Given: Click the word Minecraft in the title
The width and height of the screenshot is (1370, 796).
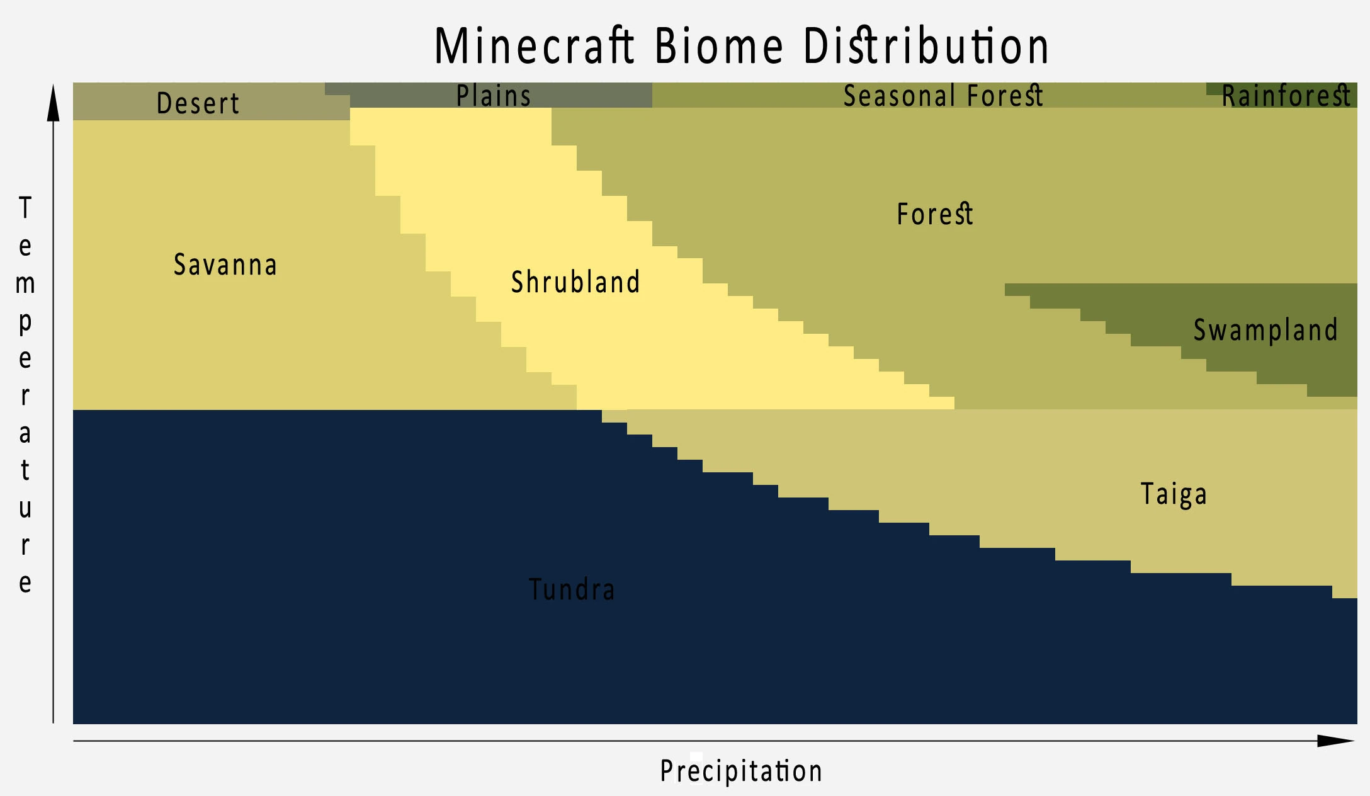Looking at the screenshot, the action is coord(535,46).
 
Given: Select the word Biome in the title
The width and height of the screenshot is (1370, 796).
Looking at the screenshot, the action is coord(718,46).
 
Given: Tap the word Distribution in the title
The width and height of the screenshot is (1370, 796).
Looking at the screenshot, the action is coord(926,46).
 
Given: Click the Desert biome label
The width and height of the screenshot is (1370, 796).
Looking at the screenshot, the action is coord(198,103).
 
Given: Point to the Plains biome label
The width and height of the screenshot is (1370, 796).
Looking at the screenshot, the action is coord(494,96).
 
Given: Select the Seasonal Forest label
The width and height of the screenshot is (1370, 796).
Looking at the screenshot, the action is coord(943,96).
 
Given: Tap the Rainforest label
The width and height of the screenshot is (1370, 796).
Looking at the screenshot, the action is coord(1286,96).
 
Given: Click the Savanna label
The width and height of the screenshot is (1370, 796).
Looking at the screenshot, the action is coord(225,264).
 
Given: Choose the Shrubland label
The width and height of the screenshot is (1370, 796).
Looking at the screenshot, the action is coord(575,281).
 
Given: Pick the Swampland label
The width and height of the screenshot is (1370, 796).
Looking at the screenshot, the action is coord(1265,330).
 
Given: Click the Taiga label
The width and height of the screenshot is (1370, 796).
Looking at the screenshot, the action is coord(1174,494).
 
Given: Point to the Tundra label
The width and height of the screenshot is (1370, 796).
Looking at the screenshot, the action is coord(572,589).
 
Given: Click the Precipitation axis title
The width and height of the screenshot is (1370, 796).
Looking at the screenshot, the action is coord(741,771).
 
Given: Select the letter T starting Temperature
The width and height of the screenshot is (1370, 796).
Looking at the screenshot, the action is coord(25,208).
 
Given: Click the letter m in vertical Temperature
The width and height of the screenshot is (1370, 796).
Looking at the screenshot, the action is coord(25,285).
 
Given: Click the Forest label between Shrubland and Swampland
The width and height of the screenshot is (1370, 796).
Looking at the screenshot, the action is coord(935,214).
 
